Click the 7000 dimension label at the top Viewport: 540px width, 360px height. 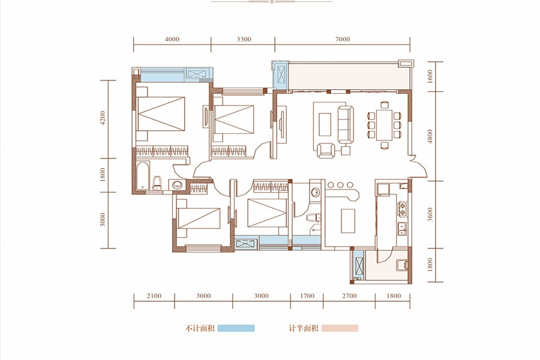343,39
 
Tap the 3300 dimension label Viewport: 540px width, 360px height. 244,39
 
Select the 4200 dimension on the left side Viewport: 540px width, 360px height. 103,118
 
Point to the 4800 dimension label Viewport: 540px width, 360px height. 430,136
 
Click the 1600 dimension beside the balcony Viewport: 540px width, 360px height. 430,76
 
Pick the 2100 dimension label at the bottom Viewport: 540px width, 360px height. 154,296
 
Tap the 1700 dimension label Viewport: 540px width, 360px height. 307,296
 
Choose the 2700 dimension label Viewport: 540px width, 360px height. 349,296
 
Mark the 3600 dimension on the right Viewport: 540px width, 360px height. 430,214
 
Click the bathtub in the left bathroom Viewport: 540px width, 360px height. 143,175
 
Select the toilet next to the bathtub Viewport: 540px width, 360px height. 157,183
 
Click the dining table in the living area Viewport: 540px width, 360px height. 384,124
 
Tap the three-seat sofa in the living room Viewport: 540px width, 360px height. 346,124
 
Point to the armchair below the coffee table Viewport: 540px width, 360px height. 326,151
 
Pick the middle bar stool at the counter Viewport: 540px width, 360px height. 340,185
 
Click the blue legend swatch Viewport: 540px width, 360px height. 236,328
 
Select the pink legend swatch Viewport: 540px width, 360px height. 340,328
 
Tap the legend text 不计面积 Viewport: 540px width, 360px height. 200,328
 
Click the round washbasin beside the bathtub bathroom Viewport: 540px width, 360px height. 177,185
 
